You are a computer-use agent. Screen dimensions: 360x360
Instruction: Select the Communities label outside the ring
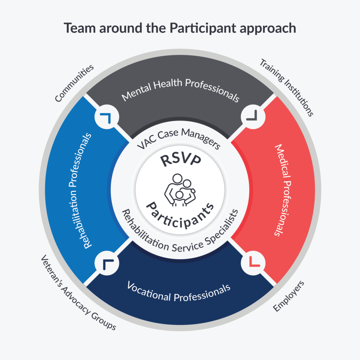coord(75,83)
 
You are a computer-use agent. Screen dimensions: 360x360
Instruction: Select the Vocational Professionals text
coord(179,291)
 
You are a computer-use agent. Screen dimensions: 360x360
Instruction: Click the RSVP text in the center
coord(180,160)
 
